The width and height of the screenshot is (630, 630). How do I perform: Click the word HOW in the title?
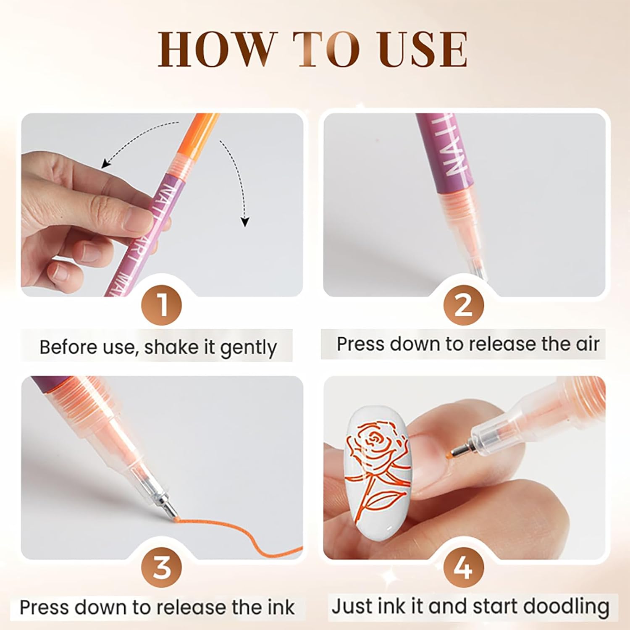(x=216, y=49)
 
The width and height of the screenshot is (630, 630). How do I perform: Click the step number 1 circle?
(x=162, y=305)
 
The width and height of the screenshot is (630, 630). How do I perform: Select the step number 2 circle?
(x=463, y=305)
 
